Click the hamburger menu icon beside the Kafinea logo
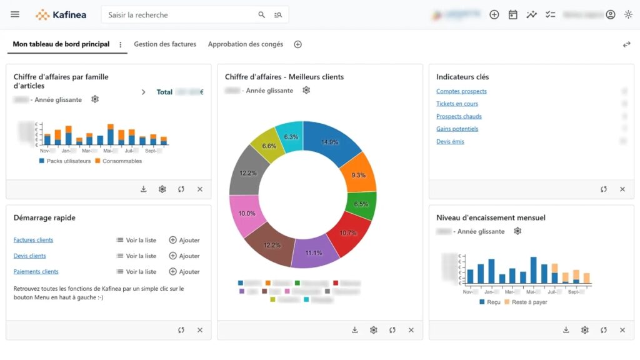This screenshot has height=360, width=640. pos(15,14)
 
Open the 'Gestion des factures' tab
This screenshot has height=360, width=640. pos(165,44)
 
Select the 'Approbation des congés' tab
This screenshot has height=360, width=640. pos(245,44)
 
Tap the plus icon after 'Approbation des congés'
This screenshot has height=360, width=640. pos(298,44)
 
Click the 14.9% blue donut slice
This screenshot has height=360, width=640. pos(330,143)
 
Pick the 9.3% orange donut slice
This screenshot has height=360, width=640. pos(358,174)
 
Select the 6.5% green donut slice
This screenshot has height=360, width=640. pos(361,204)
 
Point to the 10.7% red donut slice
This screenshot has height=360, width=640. pos(347,232)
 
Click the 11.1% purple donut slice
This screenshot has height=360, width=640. pos(314,252)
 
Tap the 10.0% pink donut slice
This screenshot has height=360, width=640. pos(247,214)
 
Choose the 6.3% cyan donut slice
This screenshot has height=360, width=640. pos(291,137)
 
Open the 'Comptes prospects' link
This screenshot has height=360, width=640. pos(461,91)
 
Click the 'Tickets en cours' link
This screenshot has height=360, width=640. pos(457,104)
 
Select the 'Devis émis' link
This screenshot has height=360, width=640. pos(450,142)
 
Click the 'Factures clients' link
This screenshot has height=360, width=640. pos(33,240)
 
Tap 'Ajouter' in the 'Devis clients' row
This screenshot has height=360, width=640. pos(184,256)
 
